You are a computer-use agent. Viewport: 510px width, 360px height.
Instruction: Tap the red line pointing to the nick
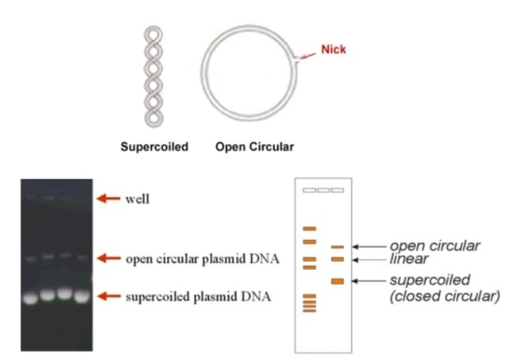pyautogui.click(x=307, y=55)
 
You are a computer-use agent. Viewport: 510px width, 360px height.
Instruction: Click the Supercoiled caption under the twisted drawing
pyautogui.click(x=154, y=146)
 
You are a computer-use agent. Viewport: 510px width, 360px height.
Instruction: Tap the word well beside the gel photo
pyautogui.click(x=136, y=199)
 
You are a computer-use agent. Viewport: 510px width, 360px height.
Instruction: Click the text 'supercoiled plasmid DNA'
pyautogui.click(x=200, y=297)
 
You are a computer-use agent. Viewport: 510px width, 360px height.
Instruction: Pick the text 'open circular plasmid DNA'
pyautogui.click(x=202, y=258)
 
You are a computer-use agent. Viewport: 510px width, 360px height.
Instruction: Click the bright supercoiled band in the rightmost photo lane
pyautogui.click(x=82, y=296)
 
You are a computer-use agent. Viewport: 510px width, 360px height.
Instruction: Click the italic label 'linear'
pyautogui.click(x=408, y=259)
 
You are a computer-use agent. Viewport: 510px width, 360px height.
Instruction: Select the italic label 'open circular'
pyautogui.click(x=434, y=246)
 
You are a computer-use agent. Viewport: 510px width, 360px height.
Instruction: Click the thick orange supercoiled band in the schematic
pyautogui.click(x=337, y=281)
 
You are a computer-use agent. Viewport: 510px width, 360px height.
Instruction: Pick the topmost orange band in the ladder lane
pyautogui.click(x=309, y=229)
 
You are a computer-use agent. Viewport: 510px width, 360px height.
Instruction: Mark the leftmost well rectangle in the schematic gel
pyautogui.click(x=309, y=190)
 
